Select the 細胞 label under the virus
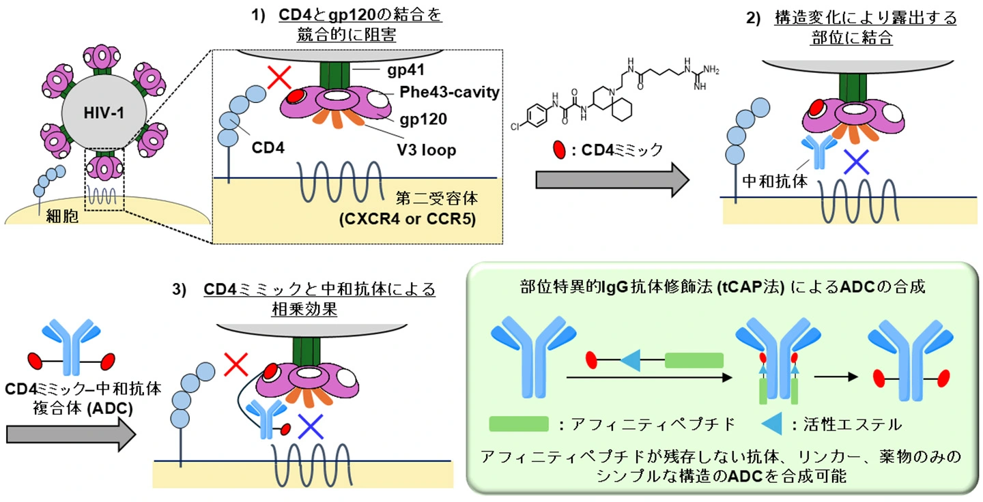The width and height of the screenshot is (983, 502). click(61, 216)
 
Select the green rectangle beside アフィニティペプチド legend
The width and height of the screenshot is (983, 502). click(519, 424)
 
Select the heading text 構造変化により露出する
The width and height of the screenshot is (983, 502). click(865, 18)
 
